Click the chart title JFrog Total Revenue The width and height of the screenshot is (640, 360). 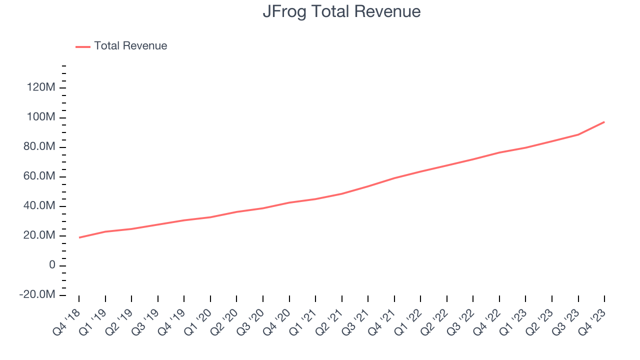coord(341,11)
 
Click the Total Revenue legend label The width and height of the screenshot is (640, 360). coord(130,46)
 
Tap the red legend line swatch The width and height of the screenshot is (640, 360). coord(83,46)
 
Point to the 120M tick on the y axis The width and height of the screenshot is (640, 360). coord(42,88)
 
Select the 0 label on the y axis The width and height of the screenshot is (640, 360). coord(52,265)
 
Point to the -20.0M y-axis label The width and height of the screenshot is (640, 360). coord(37,295)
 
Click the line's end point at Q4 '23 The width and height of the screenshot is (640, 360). coord(604,122)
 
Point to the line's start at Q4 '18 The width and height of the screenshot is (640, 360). coord(79,237)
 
